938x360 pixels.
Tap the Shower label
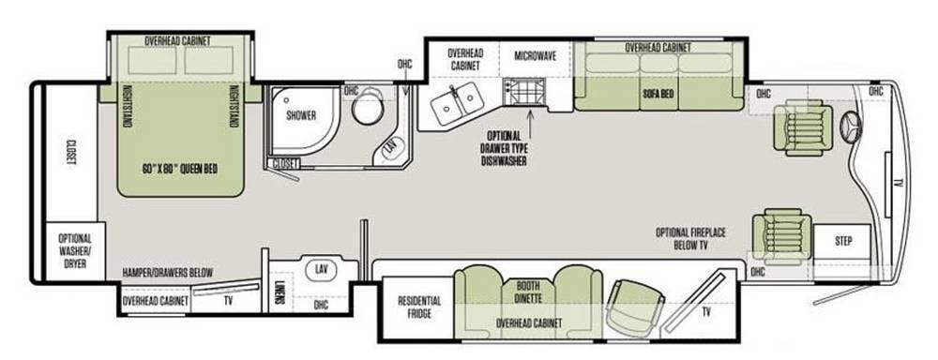[300, 116]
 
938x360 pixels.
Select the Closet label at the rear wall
[71, 153]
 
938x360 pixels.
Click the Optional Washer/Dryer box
[75, 250]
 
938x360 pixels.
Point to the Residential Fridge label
[419, 307]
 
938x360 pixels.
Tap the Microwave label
[535, 56]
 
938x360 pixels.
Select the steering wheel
[852, 127]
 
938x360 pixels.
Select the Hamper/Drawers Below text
[168, 273]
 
